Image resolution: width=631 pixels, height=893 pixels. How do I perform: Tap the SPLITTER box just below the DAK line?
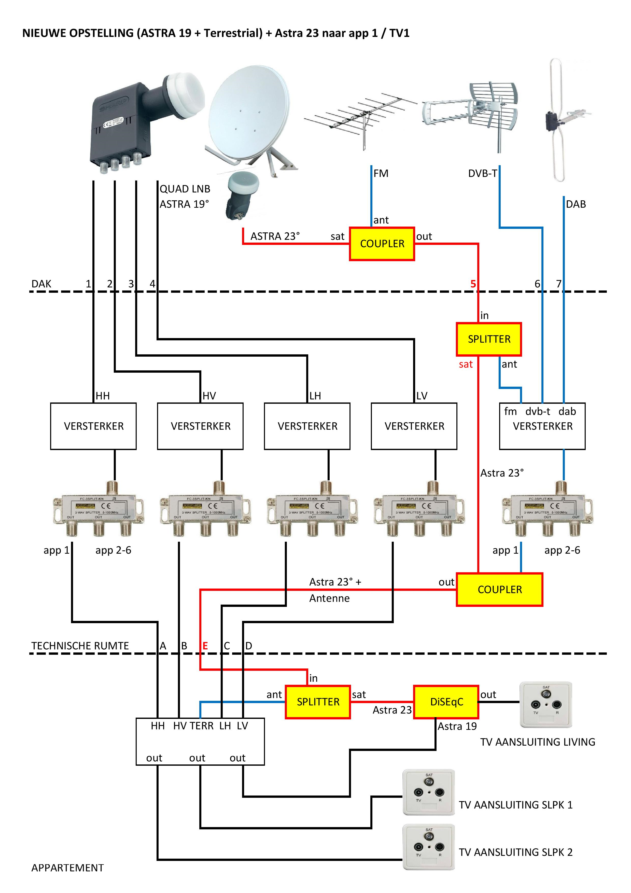(489, 339)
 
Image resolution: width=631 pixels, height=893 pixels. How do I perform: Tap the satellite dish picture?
(249, 117)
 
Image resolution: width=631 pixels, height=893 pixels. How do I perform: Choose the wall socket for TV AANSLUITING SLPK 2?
(429, 847)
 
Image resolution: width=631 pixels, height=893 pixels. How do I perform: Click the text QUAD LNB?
(185, 189)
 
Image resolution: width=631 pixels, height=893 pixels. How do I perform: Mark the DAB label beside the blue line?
(576, 204)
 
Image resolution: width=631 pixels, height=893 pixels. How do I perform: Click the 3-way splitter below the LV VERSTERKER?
(419, 510)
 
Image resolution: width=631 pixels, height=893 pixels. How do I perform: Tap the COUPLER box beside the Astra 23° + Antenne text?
(500, 590)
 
